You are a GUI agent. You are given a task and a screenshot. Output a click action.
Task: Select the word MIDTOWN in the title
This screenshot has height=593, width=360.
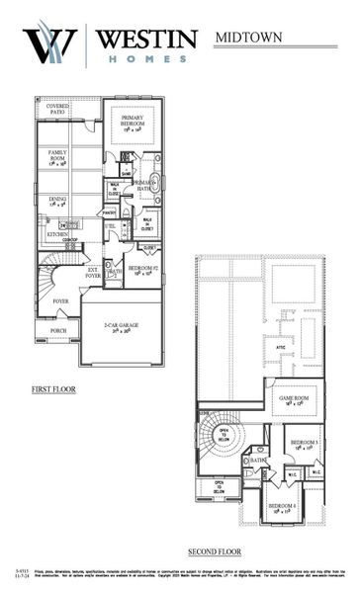point(248,38)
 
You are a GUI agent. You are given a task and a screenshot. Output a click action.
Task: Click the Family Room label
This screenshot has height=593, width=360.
point(57,156)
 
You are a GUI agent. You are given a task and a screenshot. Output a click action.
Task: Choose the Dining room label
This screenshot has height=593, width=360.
point(57,201)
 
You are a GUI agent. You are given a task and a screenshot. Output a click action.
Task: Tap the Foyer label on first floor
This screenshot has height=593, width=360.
point(60,301)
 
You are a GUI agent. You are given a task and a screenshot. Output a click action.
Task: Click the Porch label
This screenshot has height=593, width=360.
point(58,331)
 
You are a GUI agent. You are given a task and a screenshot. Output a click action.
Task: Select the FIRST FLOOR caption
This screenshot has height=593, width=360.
point(53,389)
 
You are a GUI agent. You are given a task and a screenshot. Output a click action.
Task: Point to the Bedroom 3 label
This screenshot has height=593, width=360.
point(305,444)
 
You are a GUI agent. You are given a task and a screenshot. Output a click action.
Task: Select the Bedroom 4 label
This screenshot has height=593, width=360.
point(284,508)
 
